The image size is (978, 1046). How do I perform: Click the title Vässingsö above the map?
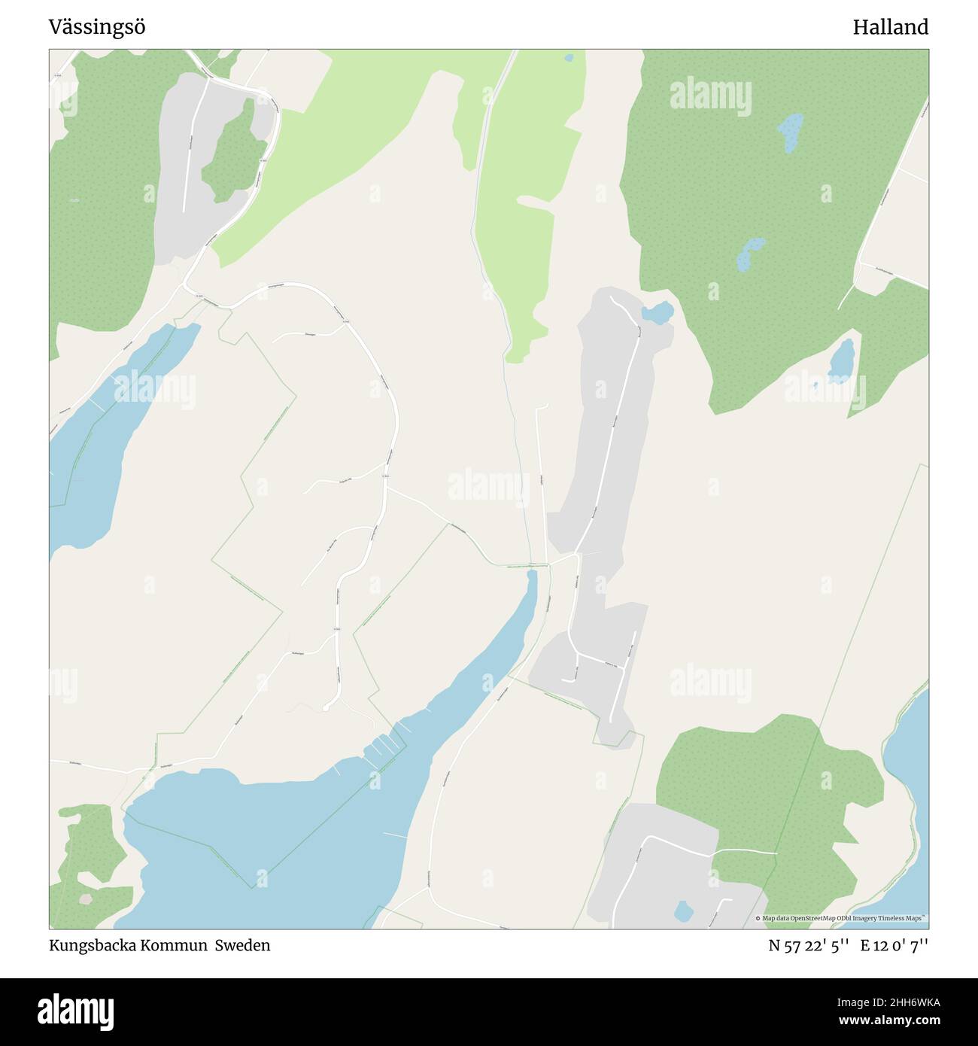pyautogui.click(x=97, y=28)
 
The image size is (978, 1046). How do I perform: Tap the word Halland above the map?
pyautogui.click(x=890, y=28)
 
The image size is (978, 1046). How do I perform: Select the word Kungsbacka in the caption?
pyautogui.click(x=91, y=945)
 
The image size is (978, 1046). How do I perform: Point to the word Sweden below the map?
pyautogui.click(x=242, y=945)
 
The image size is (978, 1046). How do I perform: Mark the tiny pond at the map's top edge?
pyautogui.click(x=569, y=57)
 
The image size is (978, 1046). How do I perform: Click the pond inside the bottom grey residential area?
pyautogui.click(x=683, y=911)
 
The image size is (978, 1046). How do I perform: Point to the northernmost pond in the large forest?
pyautogui.click(x=791, y=131)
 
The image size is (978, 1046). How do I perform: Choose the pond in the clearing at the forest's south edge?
pyautogui.click(x=841, y=360)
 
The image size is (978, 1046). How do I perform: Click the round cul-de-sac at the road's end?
pyautogui.click(x=325, y=708)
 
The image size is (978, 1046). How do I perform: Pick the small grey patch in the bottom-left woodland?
pyautogui.click(x=86, y=899)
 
